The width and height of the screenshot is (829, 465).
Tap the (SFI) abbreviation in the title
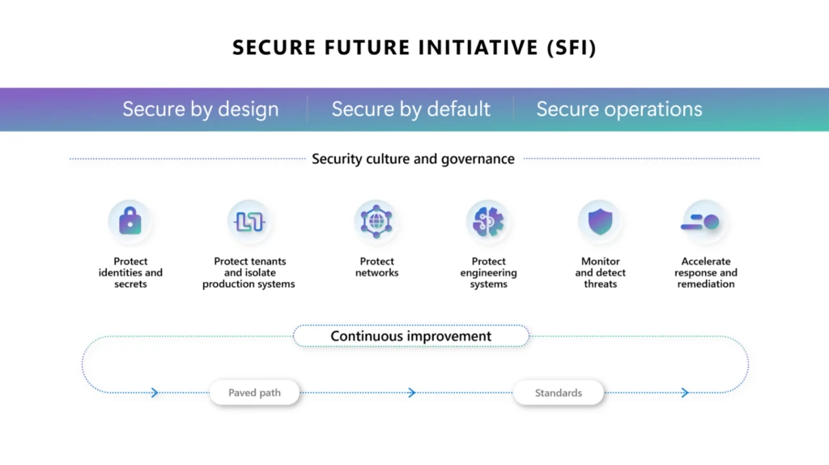pyautogui.click(x=571, y=48)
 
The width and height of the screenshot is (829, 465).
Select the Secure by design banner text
pyautogui.click(x=200, y=109)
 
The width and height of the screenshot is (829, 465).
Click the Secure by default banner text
pyautogui.click(x=410, y=109)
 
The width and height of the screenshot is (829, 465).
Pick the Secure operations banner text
pyautogui.click(x=619, y=109)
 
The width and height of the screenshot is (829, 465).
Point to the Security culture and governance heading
pyautogui.click(x=413, y=159)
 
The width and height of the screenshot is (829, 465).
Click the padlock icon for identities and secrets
pyautogui.click(x=130, y=221)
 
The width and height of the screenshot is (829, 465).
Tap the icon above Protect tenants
pyautogui.click(x=249, y=221)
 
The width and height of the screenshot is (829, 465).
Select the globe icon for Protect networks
pyautogui.click(x=376, y=221)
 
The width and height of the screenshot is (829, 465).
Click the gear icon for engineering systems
pyautogui.click(x=488, y=221)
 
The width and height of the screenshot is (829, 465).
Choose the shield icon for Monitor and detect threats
pyautogui.click(x=600, y=221)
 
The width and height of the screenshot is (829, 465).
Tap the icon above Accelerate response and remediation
pyautogui.click(x=705, y=221)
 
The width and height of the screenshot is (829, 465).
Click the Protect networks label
pyautogui.click(x=376, y=267)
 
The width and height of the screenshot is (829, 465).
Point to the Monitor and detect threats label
pyautogui.click(x=600, y=273)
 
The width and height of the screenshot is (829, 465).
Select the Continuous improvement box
pyautogui.click(x=410, y=336)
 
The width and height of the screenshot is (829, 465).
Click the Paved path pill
pyautogui.click(x=254, y=393)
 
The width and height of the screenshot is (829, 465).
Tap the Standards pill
pyautogui.click(x=558, y=393)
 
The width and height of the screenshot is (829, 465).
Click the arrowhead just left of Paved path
pyautogui.click(x=155, y=393)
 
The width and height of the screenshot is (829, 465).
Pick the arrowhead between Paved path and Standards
pyautogui.click(x=411, y=393)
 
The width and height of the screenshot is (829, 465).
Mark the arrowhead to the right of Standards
pyautogui.click(x=685, y=393)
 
